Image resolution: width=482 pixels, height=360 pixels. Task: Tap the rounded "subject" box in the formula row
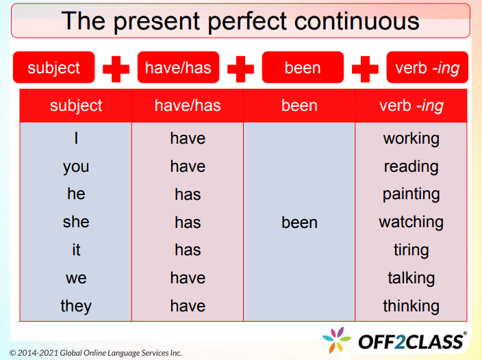coord(53,68)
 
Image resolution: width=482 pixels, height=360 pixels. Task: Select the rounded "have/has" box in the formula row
coord(178,68)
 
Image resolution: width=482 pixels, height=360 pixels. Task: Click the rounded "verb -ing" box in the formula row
coord(427,68)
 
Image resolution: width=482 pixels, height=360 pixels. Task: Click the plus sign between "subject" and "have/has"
coord(116,68)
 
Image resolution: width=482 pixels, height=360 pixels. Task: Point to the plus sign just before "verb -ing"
coord(365,68)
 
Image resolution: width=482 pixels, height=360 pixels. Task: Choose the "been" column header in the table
coord(299,105)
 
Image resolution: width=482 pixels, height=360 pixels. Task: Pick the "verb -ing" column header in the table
coord(411,105)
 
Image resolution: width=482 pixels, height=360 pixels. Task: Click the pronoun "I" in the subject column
coord(76,138)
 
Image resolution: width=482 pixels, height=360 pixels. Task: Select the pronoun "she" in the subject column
coord(76,222)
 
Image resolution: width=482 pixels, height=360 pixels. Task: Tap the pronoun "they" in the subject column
coord(76,306)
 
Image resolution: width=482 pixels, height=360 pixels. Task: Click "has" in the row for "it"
coord(188,250)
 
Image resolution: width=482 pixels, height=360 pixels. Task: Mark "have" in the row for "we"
coord(188,278)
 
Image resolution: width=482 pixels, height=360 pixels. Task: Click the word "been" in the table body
coord(299,222)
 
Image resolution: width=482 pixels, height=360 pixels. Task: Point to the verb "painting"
coord(411,194)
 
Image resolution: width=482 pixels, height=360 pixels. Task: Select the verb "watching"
coord(411,222)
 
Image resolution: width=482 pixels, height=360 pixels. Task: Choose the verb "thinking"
coord(411,306)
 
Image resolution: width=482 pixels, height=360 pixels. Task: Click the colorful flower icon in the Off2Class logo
coord(337,340)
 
